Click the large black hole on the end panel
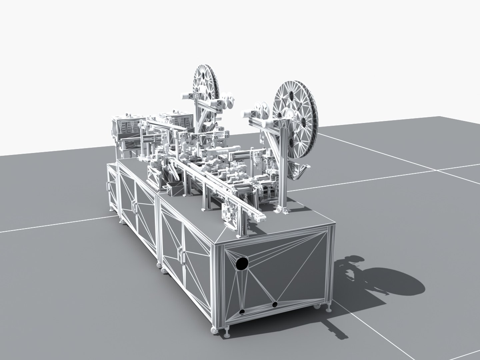coord(242,264)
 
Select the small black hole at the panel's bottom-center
coord(275,305)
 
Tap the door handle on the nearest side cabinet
coord(183,255)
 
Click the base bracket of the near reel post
coord(282,209)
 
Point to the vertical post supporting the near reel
coord(283,167)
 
